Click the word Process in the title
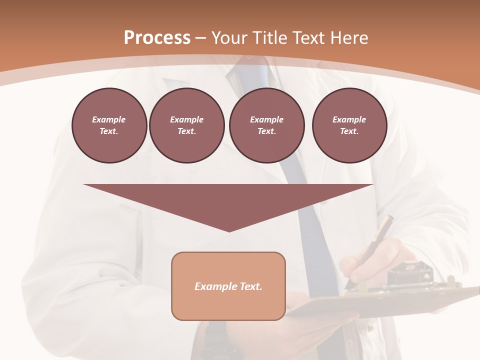tap(157, 38)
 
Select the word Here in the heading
tap(348, 38)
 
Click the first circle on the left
tap(109, 125)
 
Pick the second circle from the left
tap(186, 125)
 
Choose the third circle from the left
tap(266, 125)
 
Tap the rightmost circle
tap(349, 125)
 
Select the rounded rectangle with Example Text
tap(228, 286)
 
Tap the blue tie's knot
tap(244, 70)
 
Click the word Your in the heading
tap(229, 38)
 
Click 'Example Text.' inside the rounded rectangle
tap(228, 286)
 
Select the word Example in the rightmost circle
tap(349, 119)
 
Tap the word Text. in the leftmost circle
tap(109, 131)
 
